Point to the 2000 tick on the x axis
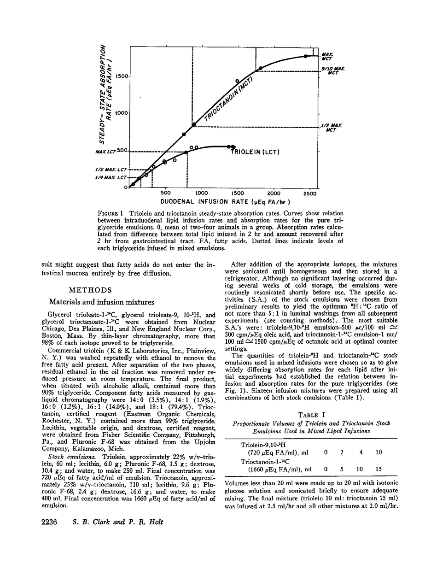tap(274, 193)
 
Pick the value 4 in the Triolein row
tap(361, 452)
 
